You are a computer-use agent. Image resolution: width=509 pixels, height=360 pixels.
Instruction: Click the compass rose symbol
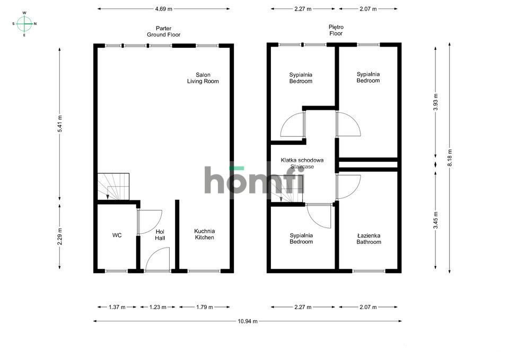24,24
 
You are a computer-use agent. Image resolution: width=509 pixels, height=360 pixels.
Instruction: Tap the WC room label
117,235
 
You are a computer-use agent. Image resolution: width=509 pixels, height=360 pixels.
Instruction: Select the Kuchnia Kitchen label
204,234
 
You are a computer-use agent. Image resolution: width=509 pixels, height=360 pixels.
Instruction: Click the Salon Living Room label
203,78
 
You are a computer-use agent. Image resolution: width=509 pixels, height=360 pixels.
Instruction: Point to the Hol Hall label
160,235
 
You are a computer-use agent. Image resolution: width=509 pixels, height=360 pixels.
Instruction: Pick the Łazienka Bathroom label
368,239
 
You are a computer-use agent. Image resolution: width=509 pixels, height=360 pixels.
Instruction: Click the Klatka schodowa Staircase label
302,163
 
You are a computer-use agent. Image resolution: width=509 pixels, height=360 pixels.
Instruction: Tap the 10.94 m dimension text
247,321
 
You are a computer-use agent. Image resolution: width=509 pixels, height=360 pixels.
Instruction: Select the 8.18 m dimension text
450,157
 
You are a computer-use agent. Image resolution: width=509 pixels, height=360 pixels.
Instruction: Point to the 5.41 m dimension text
60,125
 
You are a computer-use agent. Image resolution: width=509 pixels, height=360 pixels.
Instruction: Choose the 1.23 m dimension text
157,307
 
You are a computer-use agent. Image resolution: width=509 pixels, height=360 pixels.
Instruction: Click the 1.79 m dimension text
204,307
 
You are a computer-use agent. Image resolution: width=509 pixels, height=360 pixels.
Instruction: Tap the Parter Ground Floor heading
164,31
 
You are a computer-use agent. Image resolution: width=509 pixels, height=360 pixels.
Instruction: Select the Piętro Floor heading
336,30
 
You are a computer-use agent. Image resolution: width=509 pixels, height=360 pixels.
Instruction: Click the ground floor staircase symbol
112,186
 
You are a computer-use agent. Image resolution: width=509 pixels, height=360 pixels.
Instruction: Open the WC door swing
150,222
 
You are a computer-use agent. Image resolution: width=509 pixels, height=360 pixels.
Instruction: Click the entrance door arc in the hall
157,260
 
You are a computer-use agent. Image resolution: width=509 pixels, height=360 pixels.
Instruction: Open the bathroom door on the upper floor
348,187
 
